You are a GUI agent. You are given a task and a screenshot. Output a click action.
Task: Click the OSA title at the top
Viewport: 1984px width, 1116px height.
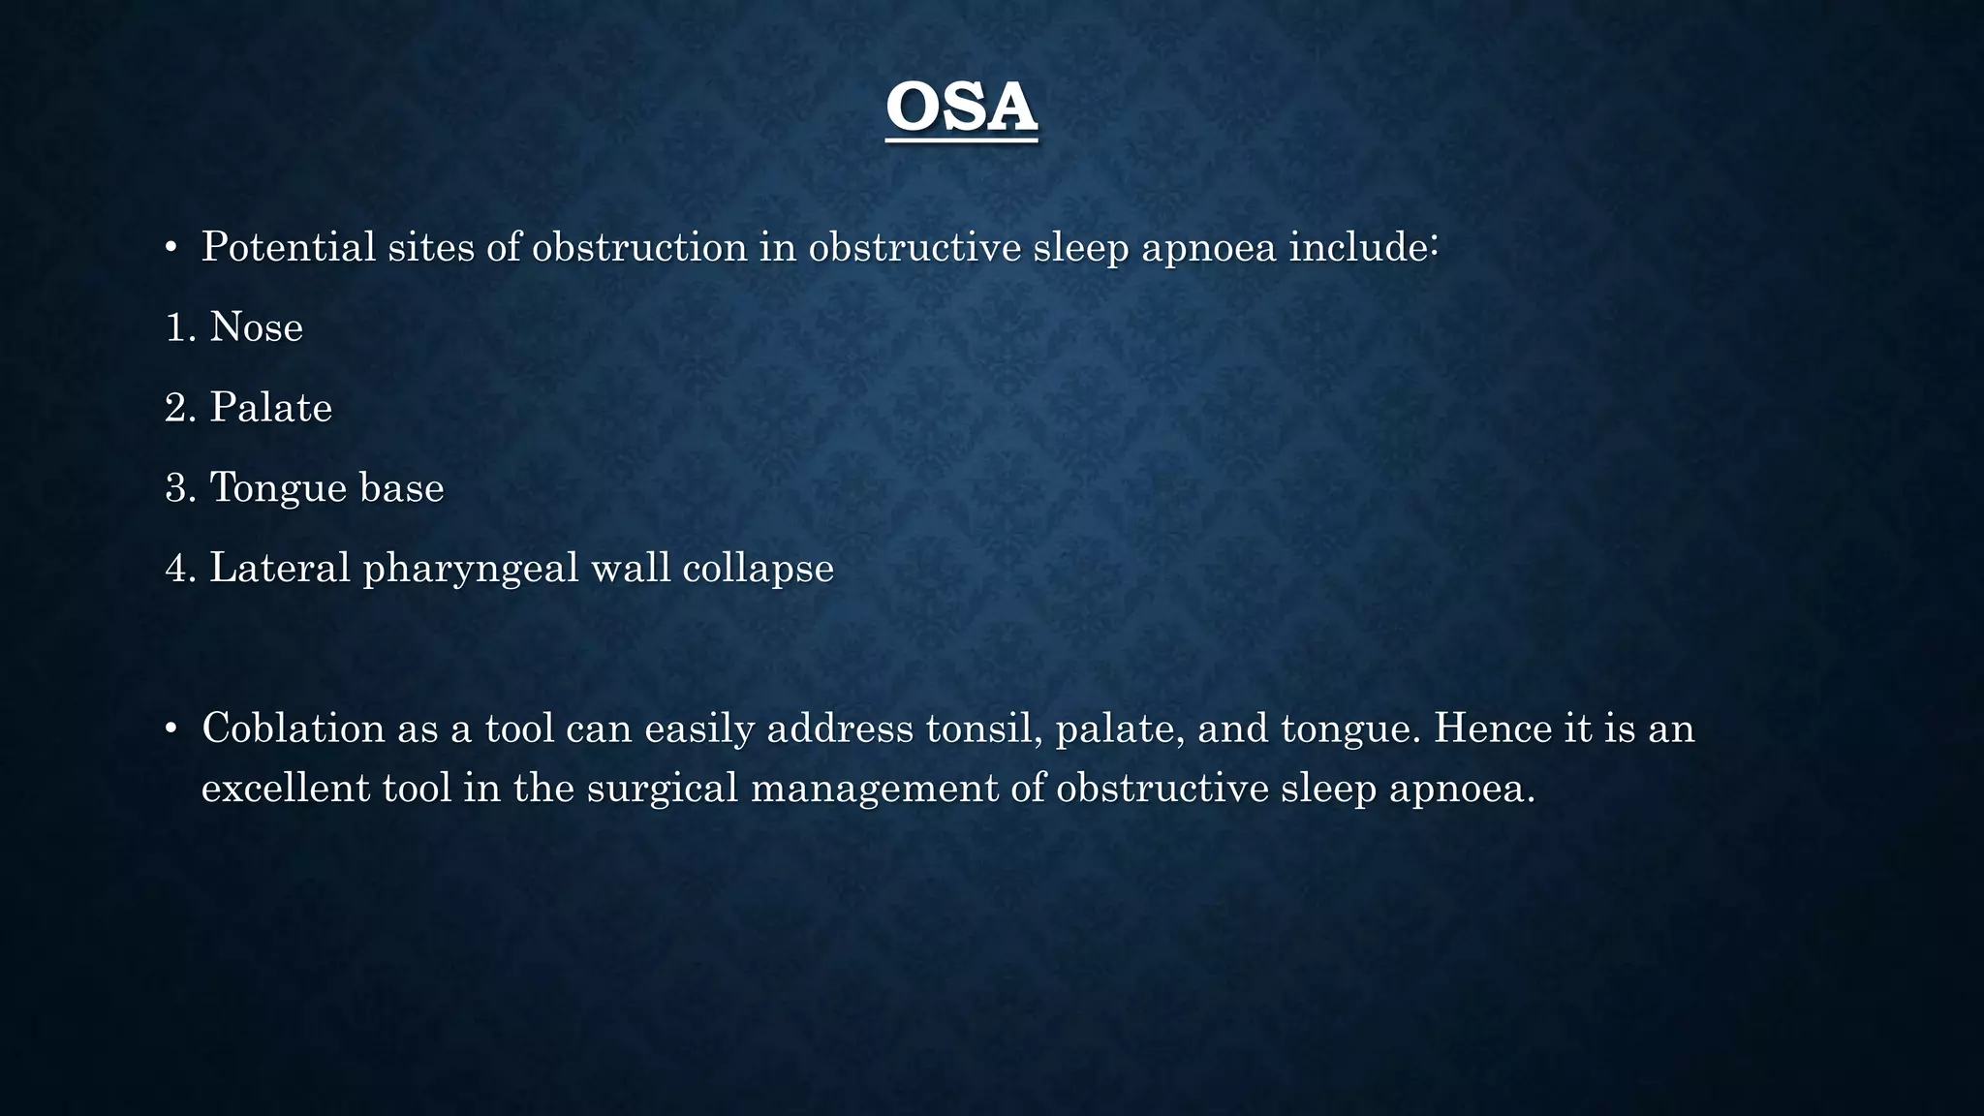coord(961,108)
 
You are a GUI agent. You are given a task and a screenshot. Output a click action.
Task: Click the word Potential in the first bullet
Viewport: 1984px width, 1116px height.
coord(288,247)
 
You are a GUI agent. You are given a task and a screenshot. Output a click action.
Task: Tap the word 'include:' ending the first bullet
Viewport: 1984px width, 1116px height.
coord(1363,247)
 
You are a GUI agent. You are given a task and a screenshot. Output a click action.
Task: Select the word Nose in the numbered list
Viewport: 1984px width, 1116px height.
coord(256,327)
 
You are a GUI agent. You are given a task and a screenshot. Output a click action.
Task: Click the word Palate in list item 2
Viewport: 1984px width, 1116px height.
coord(270,408)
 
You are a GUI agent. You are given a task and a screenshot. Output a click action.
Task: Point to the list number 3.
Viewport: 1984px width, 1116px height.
coord(180,487)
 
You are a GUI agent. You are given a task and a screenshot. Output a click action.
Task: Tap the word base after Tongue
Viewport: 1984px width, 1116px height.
coord(401,487)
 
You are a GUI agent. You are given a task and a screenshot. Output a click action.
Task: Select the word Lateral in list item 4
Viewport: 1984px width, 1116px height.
coord(280,568)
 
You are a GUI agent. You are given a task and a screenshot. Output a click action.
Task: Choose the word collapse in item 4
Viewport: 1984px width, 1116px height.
coord(758,568)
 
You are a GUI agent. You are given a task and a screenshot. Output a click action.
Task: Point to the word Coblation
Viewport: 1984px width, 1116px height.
coord(294,728)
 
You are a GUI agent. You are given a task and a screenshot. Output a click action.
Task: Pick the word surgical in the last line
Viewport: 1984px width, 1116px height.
coord(663,788)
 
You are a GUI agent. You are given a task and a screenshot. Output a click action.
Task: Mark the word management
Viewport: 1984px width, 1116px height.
coord(875,788)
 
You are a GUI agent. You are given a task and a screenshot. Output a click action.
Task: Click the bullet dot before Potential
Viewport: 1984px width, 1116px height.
coord(170,249)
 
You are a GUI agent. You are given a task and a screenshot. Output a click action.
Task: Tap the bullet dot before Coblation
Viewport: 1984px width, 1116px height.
coord(170,729)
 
